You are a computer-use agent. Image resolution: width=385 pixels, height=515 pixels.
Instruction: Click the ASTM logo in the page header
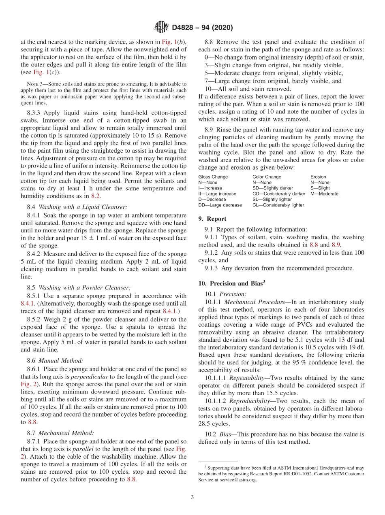click(161, 28)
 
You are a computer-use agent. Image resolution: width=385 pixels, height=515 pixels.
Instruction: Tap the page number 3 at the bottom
click(192, 497)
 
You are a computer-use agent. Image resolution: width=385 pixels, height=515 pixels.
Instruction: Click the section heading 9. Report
click(212, 219)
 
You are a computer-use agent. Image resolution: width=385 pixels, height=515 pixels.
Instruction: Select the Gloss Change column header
click(213, 177)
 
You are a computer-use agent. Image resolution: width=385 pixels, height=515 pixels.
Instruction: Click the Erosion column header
click(318, 177)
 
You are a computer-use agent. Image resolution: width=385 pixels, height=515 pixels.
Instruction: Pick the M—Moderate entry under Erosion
click(324, 194)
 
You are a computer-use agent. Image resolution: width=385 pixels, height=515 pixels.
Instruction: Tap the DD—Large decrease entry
click(220, 205)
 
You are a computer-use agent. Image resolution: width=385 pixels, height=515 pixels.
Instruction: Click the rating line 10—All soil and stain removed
click(248, 89)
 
